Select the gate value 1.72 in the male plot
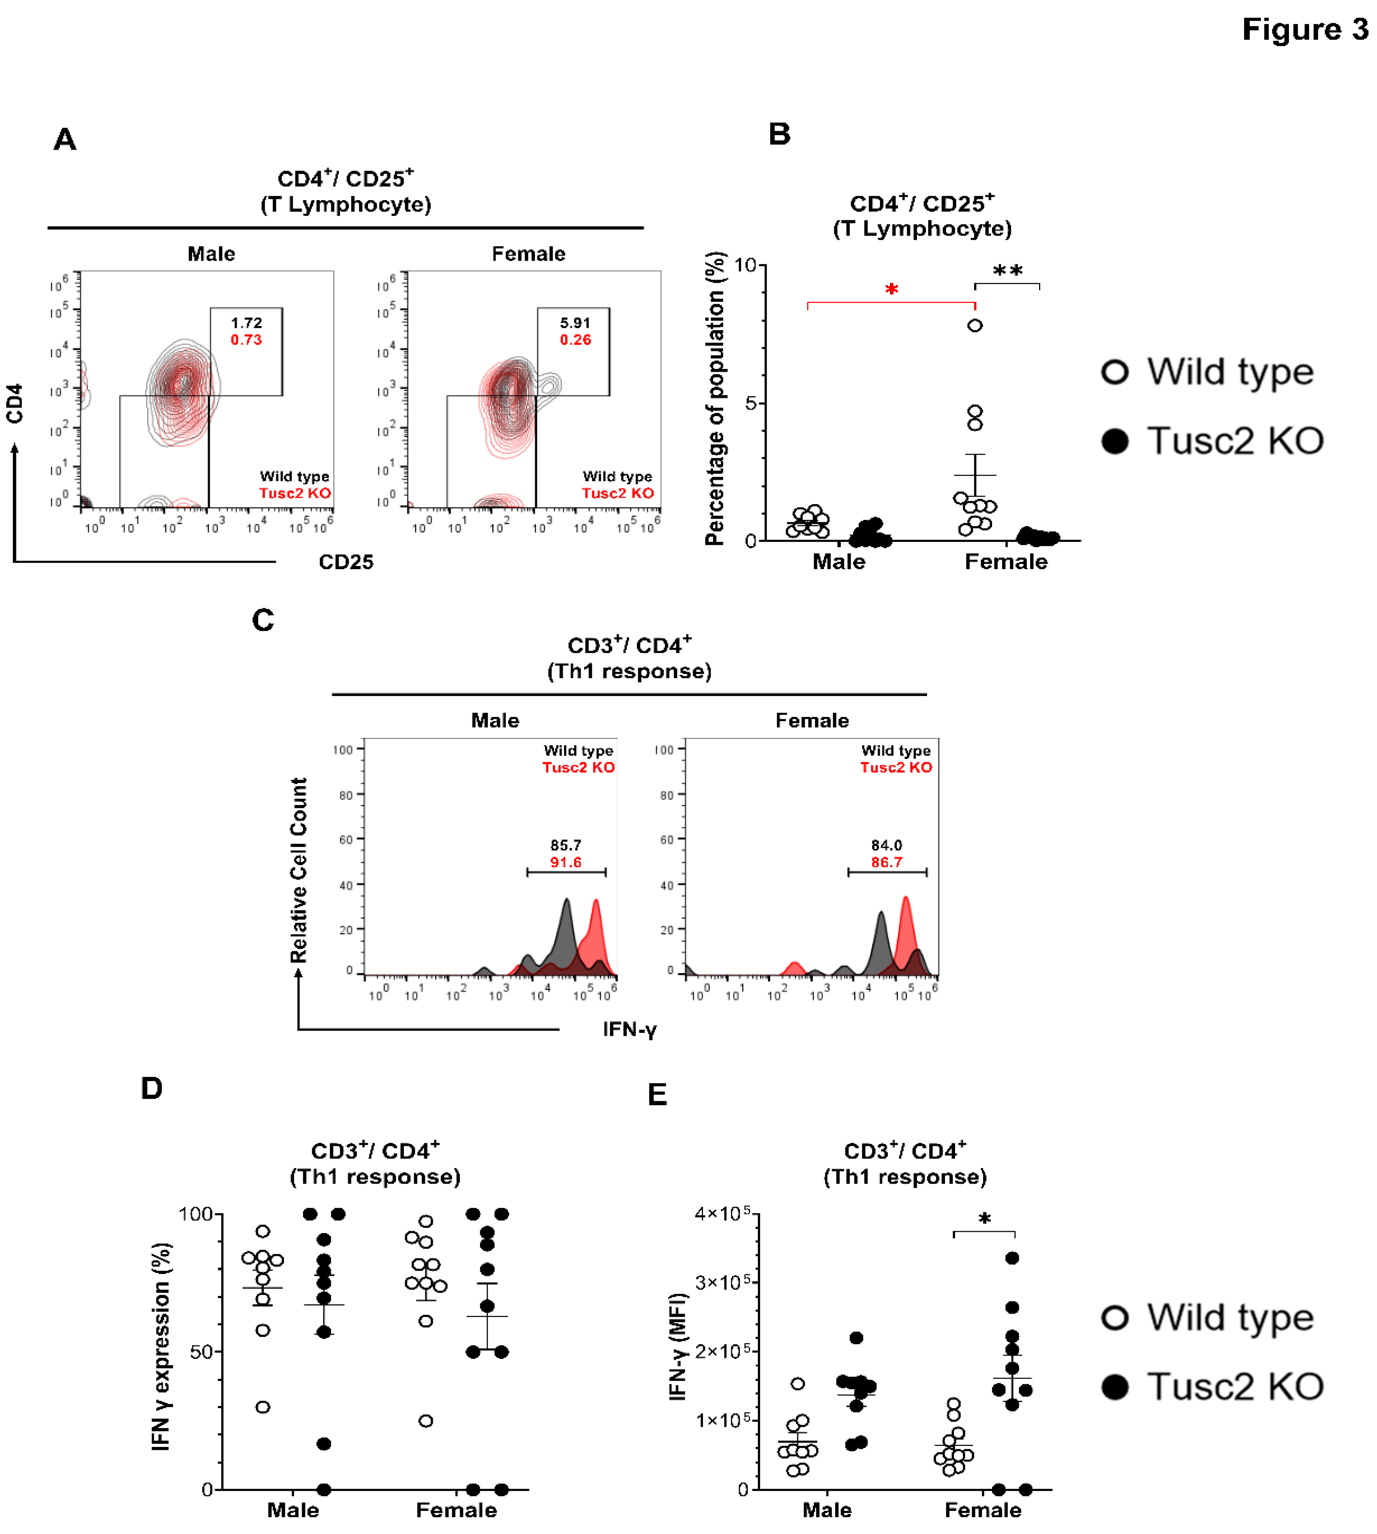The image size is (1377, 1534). (x=247, y=322)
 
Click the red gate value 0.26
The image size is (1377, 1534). (x=575, y=340)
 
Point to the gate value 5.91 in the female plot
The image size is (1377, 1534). (x=575, y=322)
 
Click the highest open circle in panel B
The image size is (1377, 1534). (x=975, y=325)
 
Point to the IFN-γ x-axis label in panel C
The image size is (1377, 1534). (x=630, y=1029)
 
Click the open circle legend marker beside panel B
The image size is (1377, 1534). (x=1115, y=372)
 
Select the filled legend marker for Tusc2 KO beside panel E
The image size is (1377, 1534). (x=1115, y=1387)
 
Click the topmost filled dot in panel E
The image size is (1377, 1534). (x=1012, y=1258)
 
